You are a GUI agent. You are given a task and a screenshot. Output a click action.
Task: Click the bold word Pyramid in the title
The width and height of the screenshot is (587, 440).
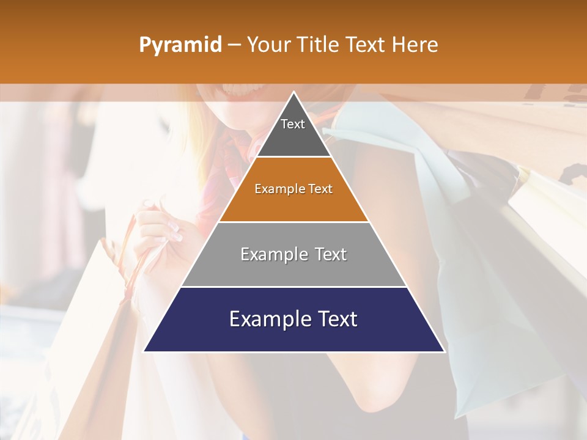coord(180,45)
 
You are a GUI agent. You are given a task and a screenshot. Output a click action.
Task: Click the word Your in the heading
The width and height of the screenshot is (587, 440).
coord(268,45)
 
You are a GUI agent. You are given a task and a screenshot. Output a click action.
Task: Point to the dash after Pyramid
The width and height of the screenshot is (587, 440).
coord(234,45)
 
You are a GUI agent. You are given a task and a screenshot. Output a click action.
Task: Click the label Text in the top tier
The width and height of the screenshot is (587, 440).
coord(293,124)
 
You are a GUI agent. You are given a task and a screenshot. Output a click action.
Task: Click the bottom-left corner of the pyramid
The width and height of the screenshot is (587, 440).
coord(144,351)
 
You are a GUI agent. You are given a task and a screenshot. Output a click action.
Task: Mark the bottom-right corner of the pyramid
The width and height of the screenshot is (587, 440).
coord(444,351)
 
